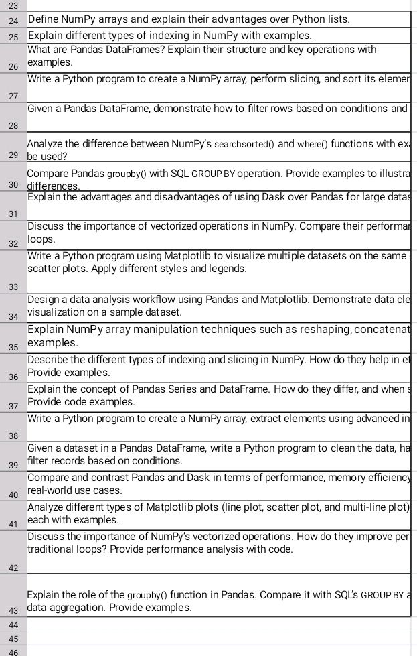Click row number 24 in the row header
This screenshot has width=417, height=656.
tap(13, 20)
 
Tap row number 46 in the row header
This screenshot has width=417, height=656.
tap(13, 651)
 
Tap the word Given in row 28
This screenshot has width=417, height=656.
tap(41, 109)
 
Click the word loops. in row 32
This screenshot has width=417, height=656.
tap(41, 239)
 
